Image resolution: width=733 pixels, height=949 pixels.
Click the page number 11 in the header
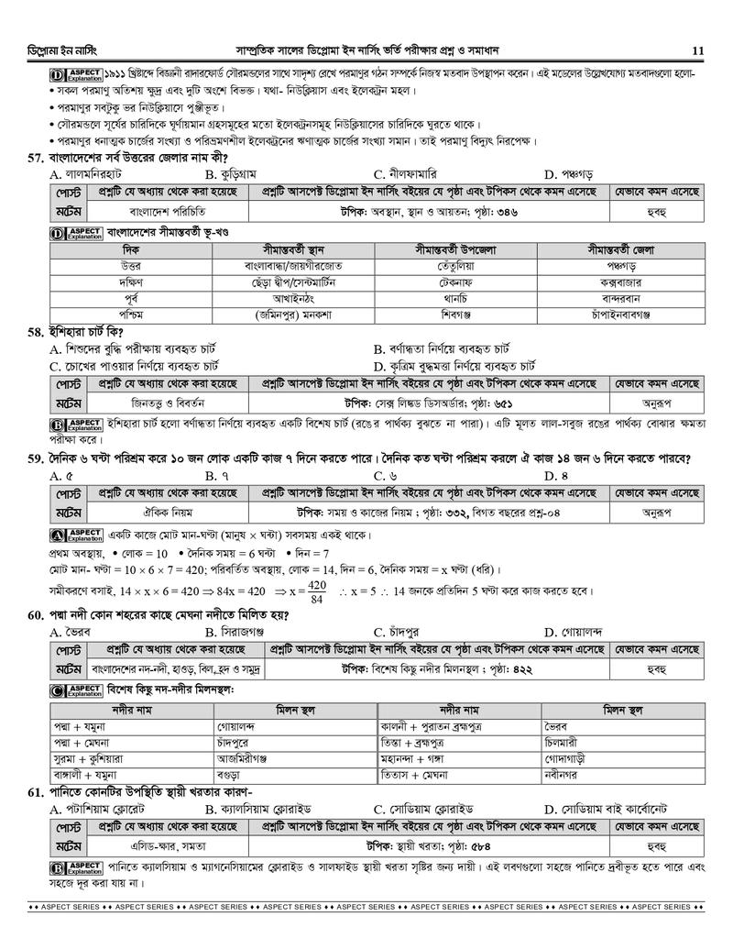698,50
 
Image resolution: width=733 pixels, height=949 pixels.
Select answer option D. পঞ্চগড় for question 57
569,173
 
